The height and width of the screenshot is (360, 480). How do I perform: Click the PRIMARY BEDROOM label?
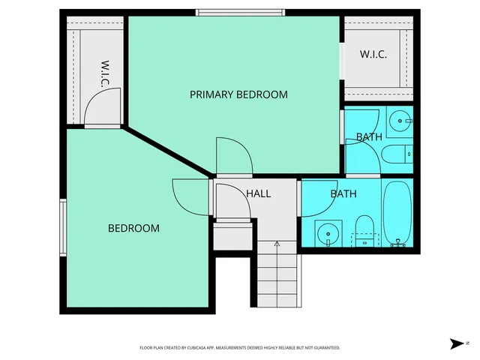point(238,94)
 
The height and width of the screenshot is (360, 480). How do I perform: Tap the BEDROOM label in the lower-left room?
point(133,228)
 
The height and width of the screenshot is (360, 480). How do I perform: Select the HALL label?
point(258,193)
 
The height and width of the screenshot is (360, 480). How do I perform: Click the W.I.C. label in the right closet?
point(373,55)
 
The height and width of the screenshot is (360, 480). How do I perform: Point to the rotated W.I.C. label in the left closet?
point(106,73)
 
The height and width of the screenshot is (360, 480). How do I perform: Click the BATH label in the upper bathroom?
point(369,137)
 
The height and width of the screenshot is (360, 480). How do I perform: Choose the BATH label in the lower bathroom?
point(343,193)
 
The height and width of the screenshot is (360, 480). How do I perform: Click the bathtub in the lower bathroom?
point(397,209)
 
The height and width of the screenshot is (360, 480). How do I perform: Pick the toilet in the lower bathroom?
point(364,229)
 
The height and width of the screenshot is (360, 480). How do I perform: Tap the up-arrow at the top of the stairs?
point(277,243)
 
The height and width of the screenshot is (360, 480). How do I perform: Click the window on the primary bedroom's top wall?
point(240,12)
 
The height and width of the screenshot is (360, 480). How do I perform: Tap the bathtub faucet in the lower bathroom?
point(397,243)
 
